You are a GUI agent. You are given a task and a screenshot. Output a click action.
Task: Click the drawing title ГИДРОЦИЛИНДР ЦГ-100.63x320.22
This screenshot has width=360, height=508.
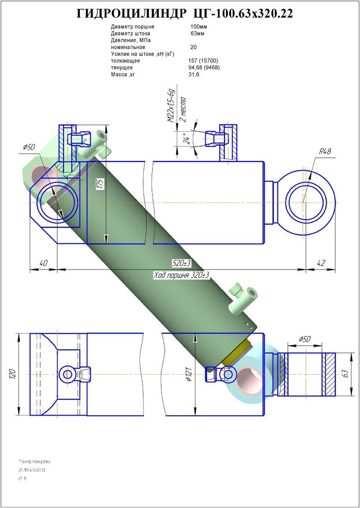point(185,14)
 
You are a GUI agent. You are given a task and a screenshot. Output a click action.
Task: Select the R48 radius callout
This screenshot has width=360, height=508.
point(325,151)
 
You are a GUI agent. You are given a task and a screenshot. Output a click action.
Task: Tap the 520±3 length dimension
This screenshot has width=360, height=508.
point(181,263)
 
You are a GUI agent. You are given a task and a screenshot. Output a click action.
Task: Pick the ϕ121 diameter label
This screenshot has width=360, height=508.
point(190,373)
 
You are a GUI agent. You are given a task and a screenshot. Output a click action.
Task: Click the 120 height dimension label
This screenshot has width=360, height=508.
point(12,374)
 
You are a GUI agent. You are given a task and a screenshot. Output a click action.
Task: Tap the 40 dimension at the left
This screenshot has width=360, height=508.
point(43,263)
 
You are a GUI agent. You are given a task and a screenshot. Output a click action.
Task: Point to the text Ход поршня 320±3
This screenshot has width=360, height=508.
point(181,275)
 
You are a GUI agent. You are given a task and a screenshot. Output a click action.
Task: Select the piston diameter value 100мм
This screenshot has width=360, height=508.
point(199,27)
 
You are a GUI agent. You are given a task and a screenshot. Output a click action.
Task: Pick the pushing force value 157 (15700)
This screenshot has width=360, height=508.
point(203,61)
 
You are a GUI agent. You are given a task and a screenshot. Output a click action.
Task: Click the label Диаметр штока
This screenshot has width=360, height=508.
point(130,33)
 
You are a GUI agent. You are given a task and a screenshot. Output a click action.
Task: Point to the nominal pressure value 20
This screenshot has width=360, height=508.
point(194,47)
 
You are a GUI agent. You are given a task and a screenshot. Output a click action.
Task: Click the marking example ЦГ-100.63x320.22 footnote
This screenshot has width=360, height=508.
point(32,470)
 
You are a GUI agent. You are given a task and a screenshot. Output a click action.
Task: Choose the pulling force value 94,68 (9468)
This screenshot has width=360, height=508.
point(204,68)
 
